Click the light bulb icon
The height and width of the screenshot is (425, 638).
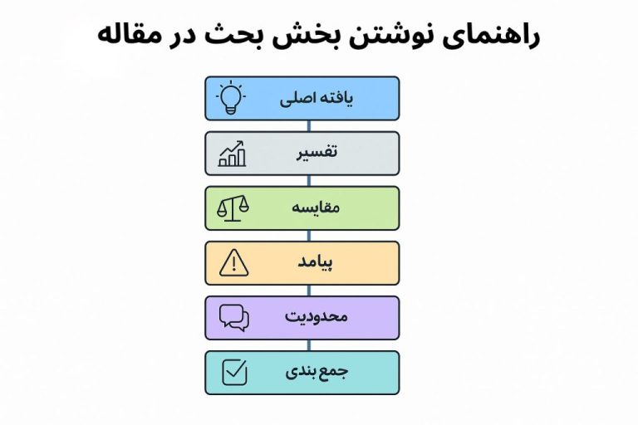[x=231, y=98]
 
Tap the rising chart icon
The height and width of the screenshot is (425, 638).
[x=232, y=154]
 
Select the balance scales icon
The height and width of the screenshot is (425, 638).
[x=232, y=208]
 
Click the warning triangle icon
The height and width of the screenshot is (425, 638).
[x=233, y=263]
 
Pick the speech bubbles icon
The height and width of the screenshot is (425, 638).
[x=233, y=318]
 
